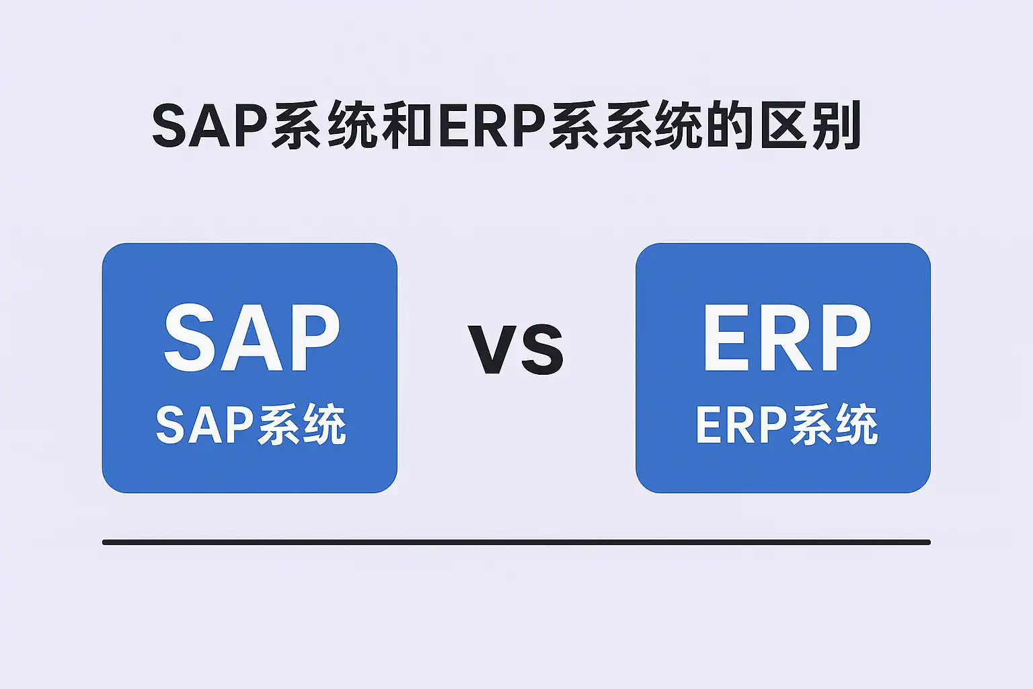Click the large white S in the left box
pos(189,337)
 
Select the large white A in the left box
pos(250,337)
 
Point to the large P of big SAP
pos(313,337)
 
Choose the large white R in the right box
pos(784,337)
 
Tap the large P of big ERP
pos(844,337)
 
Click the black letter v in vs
pos(494,349)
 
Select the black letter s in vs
pos(543,349)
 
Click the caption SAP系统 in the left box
pos(251,424)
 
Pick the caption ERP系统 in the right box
pos(786,424)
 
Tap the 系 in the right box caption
pos(810,424)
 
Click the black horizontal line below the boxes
pos(516,542)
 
